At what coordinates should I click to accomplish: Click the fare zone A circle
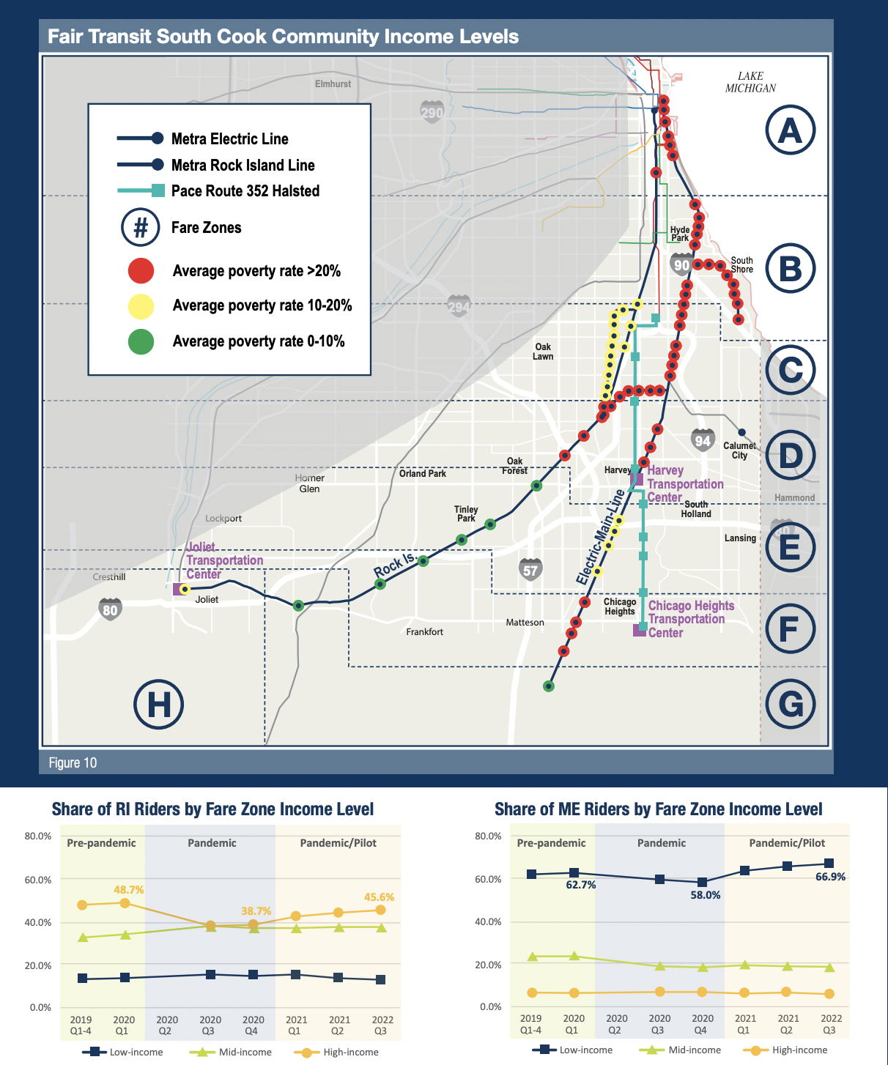[x=790, y=130]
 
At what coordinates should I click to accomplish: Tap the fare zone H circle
[x=158, y=705]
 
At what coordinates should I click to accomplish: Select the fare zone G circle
[x=790, y=705]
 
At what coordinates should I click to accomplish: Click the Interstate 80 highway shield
[x=110, y=609]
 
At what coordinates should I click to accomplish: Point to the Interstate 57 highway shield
[x=530, y=570]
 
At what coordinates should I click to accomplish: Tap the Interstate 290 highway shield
[x=432, y=113]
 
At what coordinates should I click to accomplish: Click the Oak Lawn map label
[x=543, y=352]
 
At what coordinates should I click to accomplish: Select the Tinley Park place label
[x=466, y=513]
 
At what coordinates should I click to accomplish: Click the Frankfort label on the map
[x=425, y=631]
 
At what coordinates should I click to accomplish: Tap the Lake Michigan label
[x=750, y=82]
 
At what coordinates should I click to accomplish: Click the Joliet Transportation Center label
[x=224, y=560]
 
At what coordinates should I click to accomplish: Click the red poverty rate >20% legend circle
[x=141, y=270]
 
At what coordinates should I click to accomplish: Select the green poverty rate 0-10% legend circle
[x=141, y=341]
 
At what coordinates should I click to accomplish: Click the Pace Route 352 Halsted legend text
[x=245, y=191]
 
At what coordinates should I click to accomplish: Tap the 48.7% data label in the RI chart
[x=129, y=890]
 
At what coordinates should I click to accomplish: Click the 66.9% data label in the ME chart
[x=830, y=877]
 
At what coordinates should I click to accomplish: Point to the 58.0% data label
[x=706, y=895]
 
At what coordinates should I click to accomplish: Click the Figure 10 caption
[x=73, y=762]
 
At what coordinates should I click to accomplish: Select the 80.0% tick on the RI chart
[x=38, y=836]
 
